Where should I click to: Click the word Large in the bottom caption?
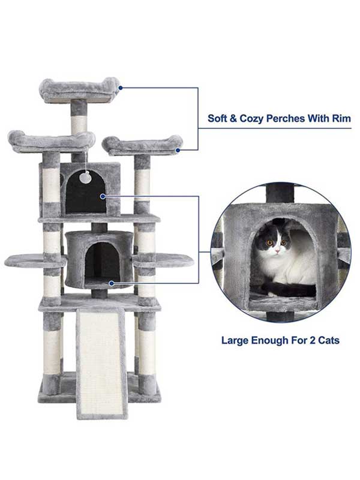pyautogui.click(x=235, y=340)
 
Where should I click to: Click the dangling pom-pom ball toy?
pyautogui.click(x=86, y=177)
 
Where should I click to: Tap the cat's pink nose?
pyautogui.click(x=276, y=247)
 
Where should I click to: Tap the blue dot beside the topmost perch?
pyautogui.click(x=121, y=88)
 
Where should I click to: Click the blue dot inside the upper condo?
pyautogui.click(x=103, y=196)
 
